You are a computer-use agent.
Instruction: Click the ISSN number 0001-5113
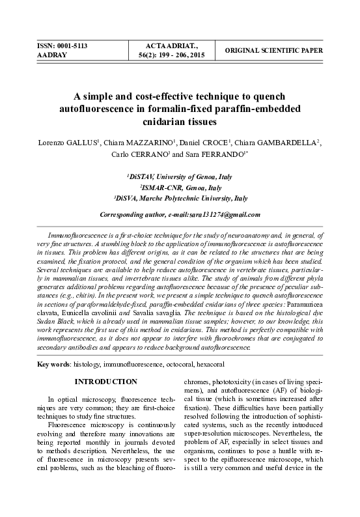[72, 46]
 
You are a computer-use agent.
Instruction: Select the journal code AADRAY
[50, 56]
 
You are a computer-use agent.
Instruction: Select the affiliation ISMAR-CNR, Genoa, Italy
[180, 187]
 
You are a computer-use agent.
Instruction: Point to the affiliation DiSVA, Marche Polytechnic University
[180, 197]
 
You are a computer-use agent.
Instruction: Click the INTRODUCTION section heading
[105, 382]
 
